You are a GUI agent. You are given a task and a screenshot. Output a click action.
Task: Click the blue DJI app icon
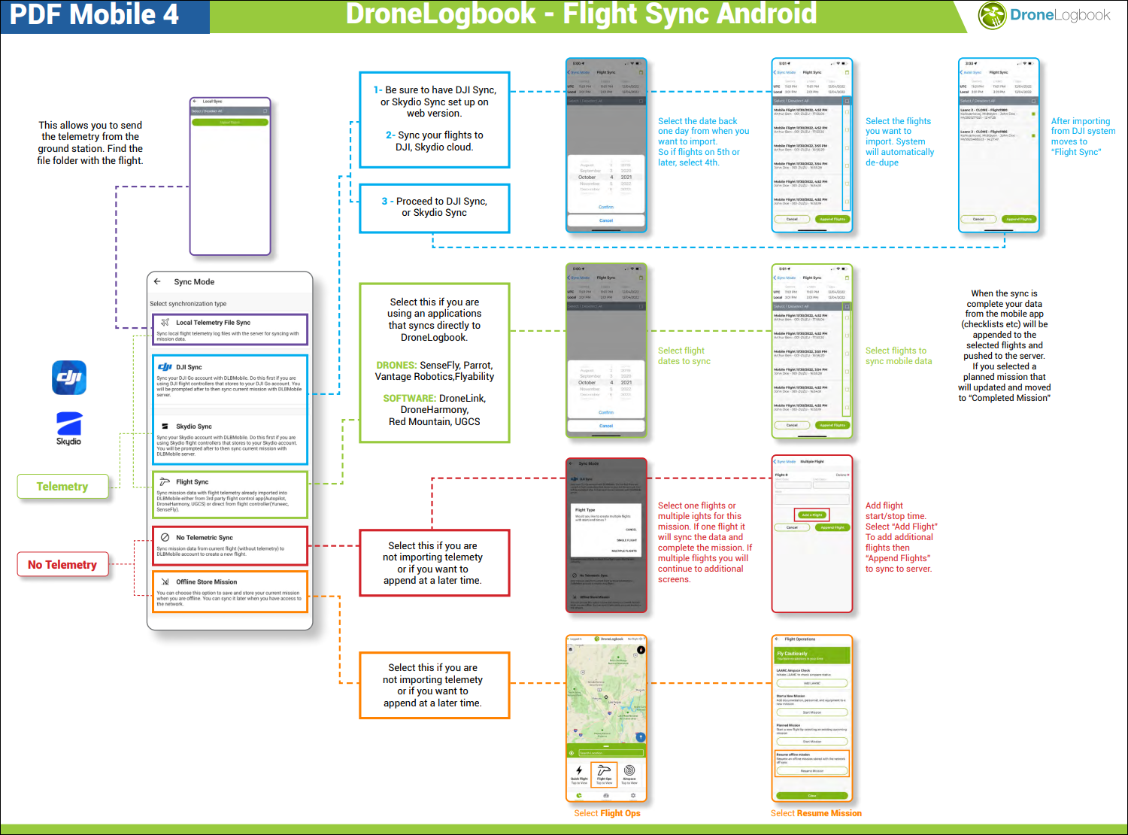tap(69, 378)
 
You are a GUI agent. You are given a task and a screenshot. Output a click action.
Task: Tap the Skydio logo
tap(68, 428)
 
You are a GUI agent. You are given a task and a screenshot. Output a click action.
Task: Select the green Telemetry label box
tap(62, 487)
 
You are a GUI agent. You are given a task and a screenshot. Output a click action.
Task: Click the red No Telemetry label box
tap(62, 565)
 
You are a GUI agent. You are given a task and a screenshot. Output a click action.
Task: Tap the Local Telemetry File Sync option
tap(229, 329)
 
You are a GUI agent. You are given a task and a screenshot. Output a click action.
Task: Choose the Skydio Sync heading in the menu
tap(194, 427)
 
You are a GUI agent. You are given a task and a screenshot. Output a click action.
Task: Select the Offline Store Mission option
tap(229, 592)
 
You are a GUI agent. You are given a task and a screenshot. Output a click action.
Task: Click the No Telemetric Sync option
tap(229, 545)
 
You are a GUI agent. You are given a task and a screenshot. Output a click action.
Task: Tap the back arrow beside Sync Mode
tap(158, 282)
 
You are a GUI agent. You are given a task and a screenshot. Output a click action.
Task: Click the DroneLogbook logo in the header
tap(1044, 16)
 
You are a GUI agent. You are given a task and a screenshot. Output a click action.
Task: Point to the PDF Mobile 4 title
tap(94, 15)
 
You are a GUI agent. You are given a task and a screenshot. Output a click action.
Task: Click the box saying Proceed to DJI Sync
tap(435, 208)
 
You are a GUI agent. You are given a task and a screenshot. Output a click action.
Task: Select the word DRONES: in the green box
tap(396, 366)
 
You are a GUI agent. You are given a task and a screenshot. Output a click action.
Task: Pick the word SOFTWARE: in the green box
tap(409, 399)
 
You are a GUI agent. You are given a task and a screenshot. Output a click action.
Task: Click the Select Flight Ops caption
tap(607, 813)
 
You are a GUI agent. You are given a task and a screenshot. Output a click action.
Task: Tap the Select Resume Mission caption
tap(816, 813)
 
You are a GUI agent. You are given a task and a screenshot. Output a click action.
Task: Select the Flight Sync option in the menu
tap(229, 494)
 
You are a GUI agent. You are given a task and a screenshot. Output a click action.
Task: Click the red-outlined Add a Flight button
tap(811, 515)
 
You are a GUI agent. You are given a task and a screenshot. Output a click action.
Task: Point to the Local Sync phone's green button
tap(230, 122)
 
